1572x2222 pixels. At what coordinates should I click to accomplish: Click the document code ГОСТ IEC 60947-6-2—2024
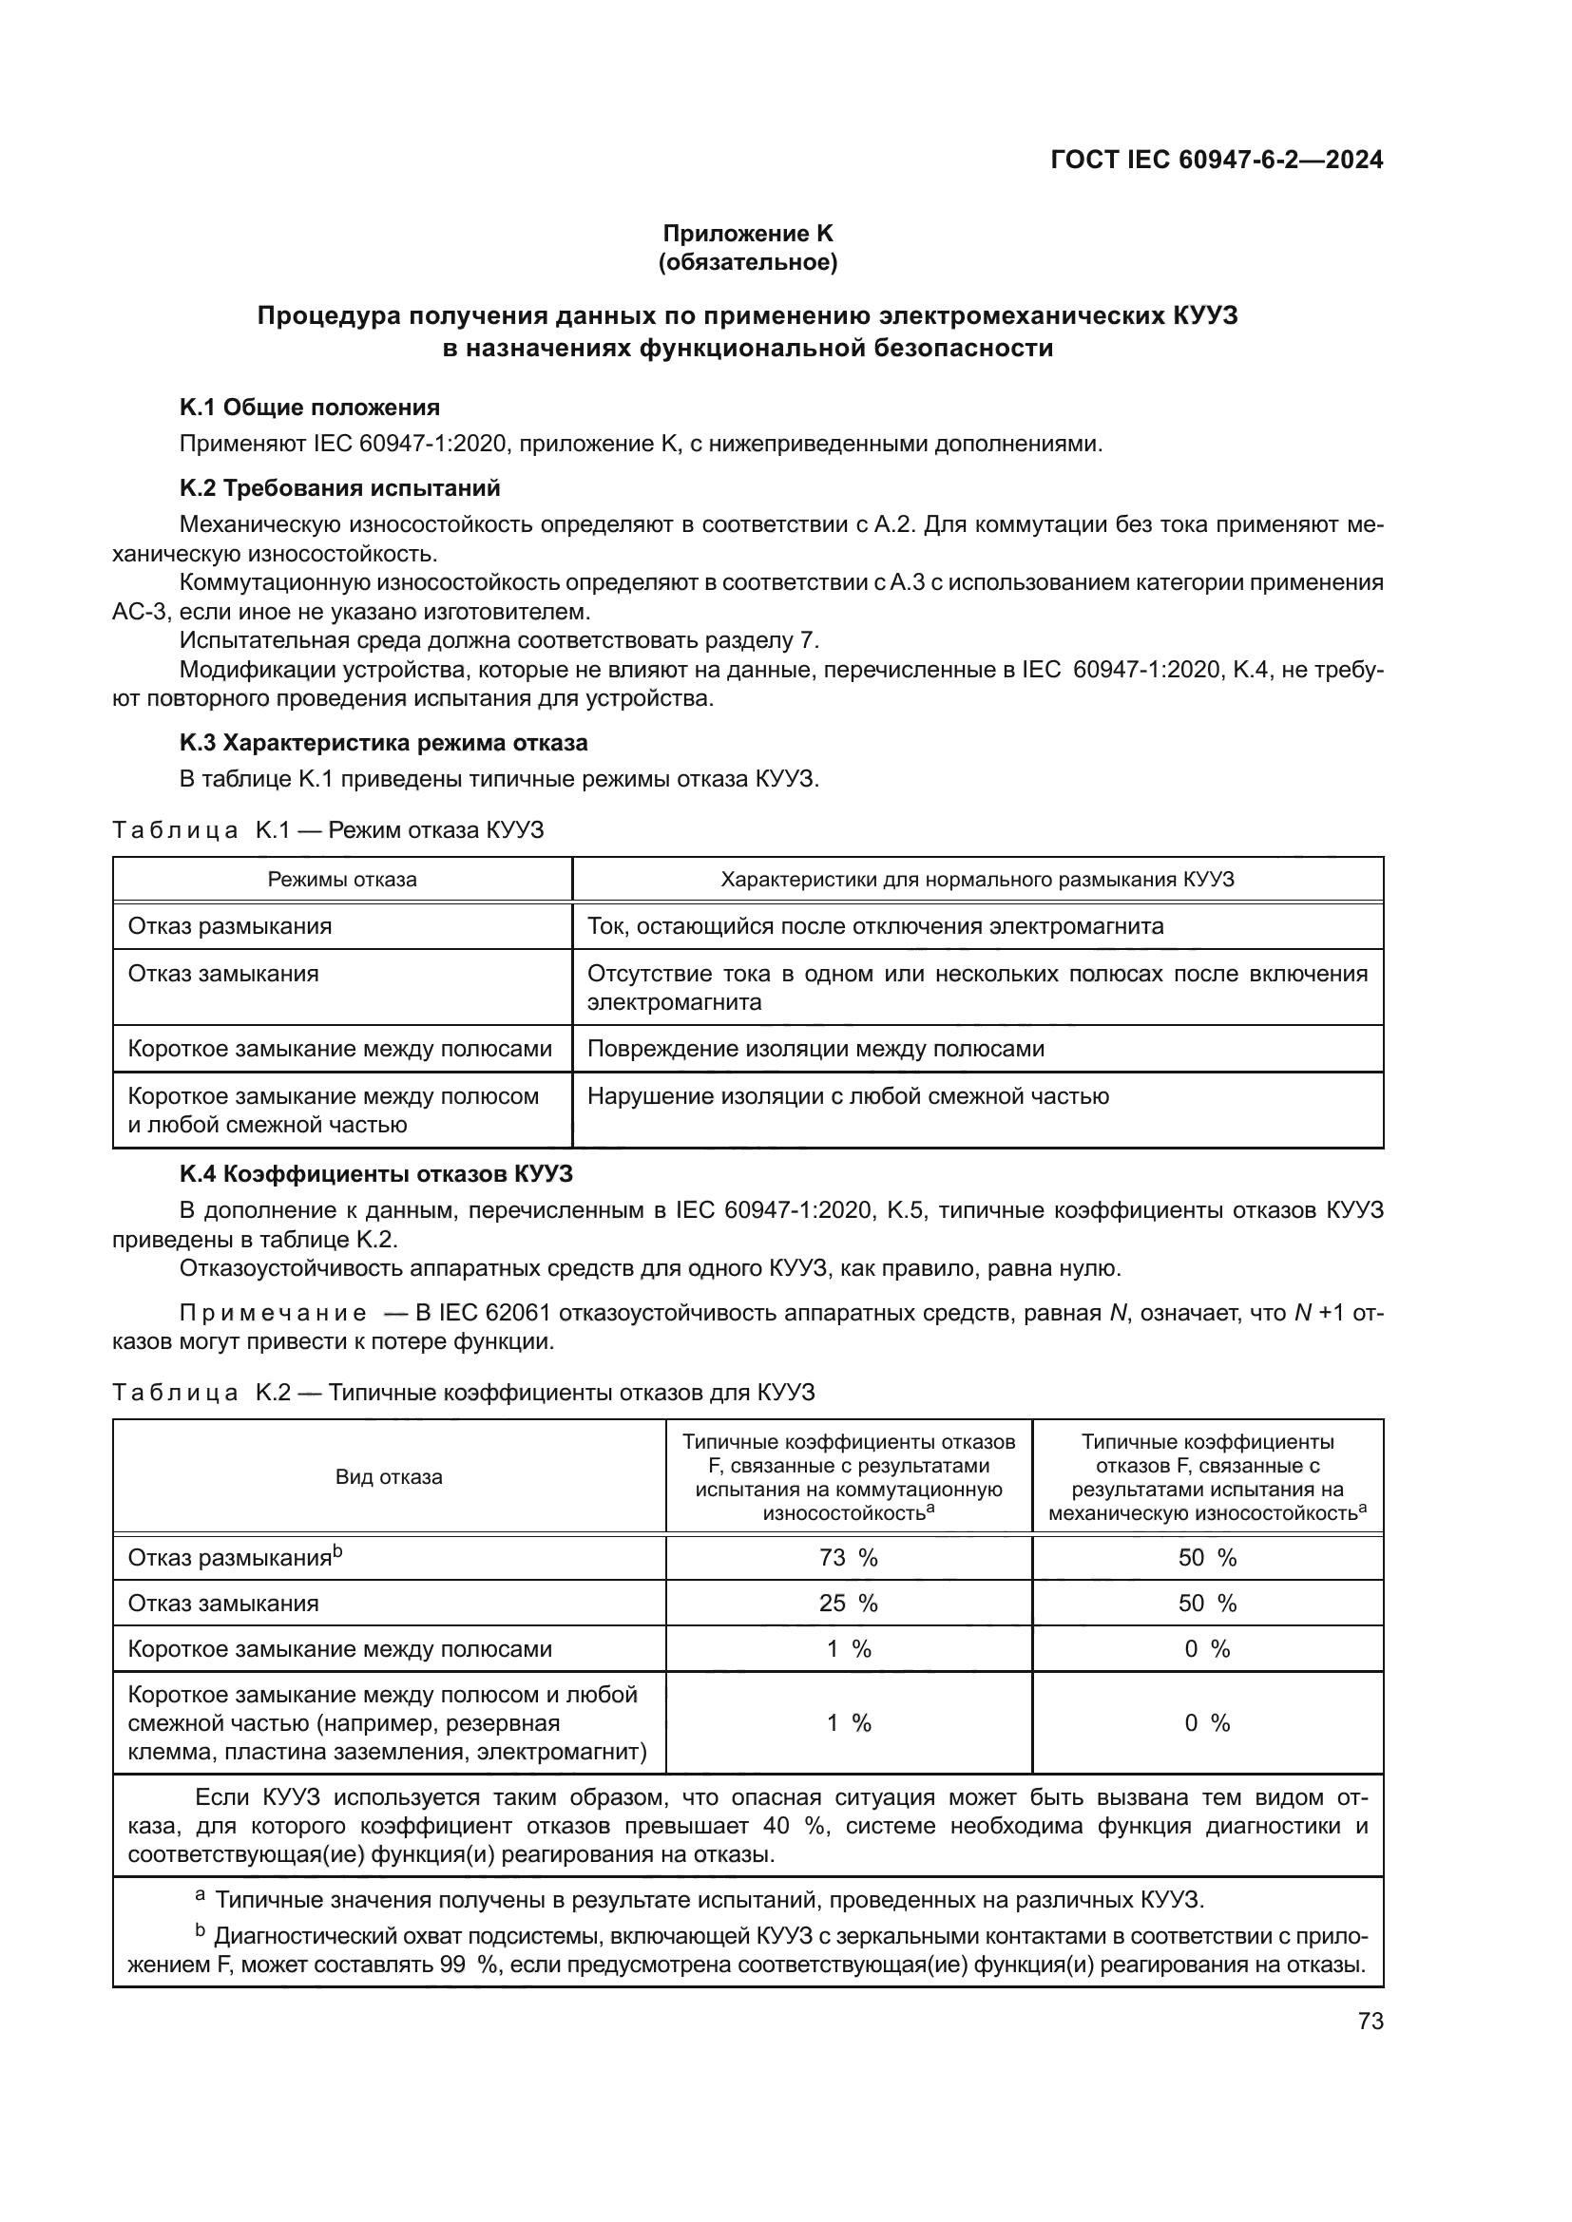[1216, 160]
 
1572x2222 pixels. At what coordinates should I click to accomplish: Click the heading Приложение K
[747, 234]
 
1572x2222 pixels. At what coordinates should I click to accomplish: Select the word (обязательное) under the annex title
[747, 262]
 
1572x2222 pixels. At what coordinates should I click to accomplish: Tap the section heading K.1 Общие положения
[310, 408]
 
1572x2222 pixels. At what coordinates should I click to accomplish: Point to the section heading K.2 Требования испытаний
[339, 487]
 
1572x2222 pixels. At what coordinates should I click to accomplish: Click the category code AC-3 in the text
[142, 613]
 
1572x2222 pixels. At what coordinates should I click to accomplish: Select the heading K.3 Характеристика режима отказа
[383, 743]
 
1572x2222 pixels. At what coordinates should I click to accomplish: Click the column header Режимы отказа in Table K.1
[342, 880]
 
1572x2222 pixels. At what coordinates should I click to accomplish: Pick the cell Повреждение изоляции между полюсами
[815, 1049]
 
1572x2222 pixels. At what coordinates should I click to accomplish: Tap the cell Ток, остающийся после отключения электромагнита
[875, 927]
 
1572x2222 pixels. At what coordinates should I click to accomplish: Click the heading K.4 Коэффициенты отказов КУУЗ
[375, 1175]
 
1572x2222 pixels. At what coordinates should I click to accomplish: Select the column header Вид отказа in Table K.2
[388, 1477]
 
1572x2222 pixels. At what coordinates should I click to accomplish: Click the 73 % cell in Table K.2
[848, 1558]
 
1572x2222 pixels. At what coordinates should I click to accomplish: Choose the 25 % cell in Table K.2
[848, 1604]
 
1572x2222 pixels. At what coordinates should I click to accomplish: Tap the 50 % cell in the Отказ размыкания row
[1207, 1558]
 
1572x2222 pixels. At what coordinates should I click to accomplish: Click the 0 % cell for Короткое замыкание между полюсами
[1207, 1649]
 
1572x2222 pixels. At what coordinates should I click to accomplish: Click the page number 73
[1370, 2021]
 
